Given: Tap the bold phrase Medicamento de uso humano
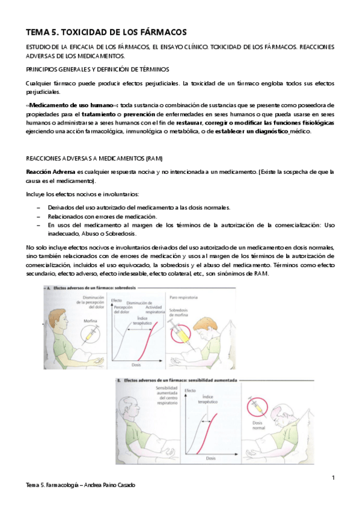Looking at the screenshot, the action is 73,105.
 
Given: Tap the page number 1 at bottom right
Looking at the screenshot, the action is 333,478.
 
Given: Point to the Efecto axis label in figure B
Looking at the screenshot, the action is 191,392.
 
